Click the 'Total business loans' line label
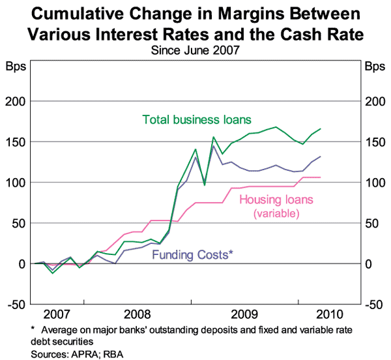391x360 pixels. (197, 120)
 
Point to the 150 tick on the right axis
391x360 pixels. (373, 142)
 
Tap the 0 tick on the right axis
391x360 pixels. (369, 263)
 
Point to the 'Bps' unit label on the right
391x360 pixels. (375, 67)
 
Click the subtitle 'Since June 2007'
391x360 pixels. (195, 48)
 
